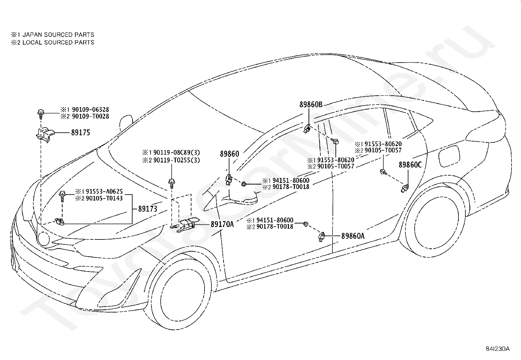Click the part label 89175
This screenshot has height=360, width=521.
coord(81,132)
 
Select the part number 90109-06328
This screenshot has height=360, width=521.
coord(90,109)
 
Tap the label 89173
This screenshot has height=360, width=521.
coord(148,209)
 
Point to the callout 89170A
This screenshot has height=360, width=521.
coord(222,224)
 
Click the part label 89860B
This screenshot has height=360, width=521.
coord(311,104)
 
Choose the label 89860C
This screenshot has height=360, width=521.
coord(410,165)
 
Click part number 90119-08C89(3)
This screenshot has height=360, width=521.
coord(176,153)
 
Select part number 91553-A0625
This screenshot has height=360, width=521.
coord(104,191)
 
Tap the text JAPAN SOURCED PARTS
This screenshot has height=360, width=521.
coord(58,35)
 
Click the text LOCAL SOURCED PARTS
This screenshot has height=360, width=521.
coord(58,42)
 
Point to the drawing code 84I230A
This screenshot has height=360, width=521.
coord(498,349)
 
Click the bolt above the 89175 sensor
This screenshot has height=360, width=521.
coord(41,113)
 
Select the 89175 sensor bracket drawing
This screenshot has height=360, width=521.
coord(45,135)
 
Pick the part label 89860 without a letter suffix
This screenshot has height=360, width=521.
coord(229,154)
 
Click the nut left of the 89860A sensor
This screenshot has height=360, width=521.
coord(306,224)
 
